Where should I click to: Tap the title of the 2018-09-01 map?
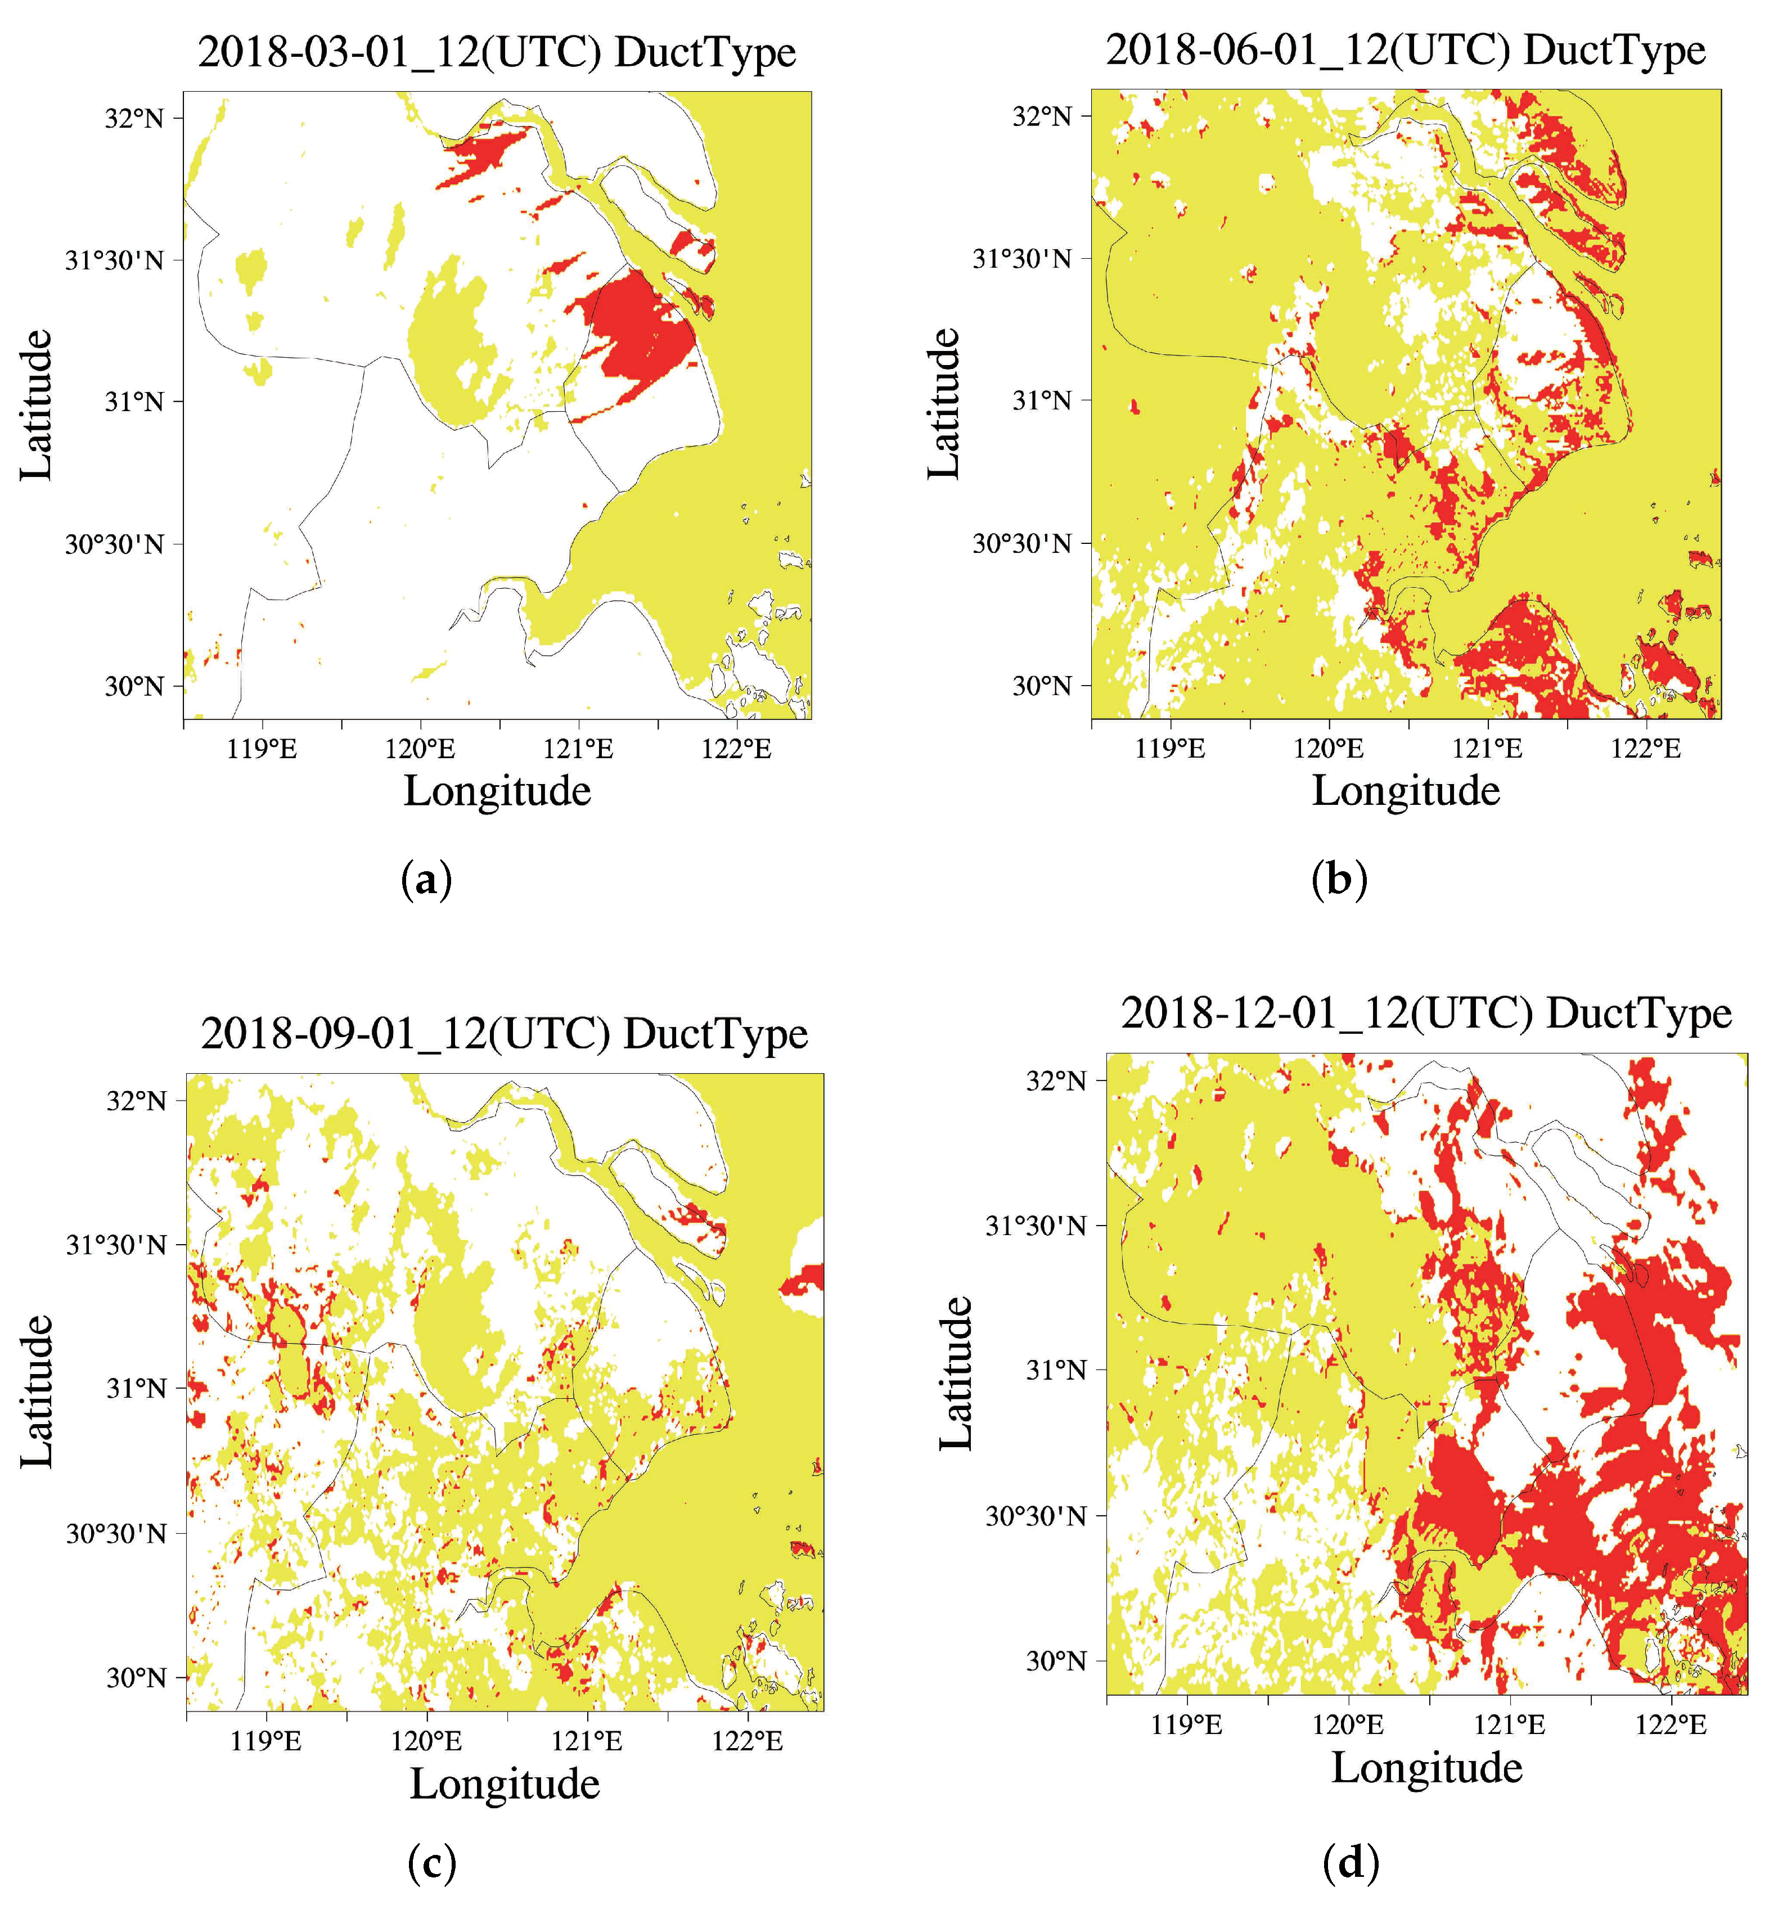tap(504, 1034)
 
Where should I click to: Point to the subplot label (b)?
tap(1339, 879)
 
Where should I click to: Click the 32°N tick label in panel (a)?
tap(134, 119)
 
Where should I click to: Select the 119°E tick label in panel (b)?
tap(1170, 749)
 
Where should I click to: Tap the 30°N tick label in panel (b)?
tap(1042, 686)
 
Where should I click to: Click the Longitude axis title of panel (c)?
tap(505, 1784)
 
